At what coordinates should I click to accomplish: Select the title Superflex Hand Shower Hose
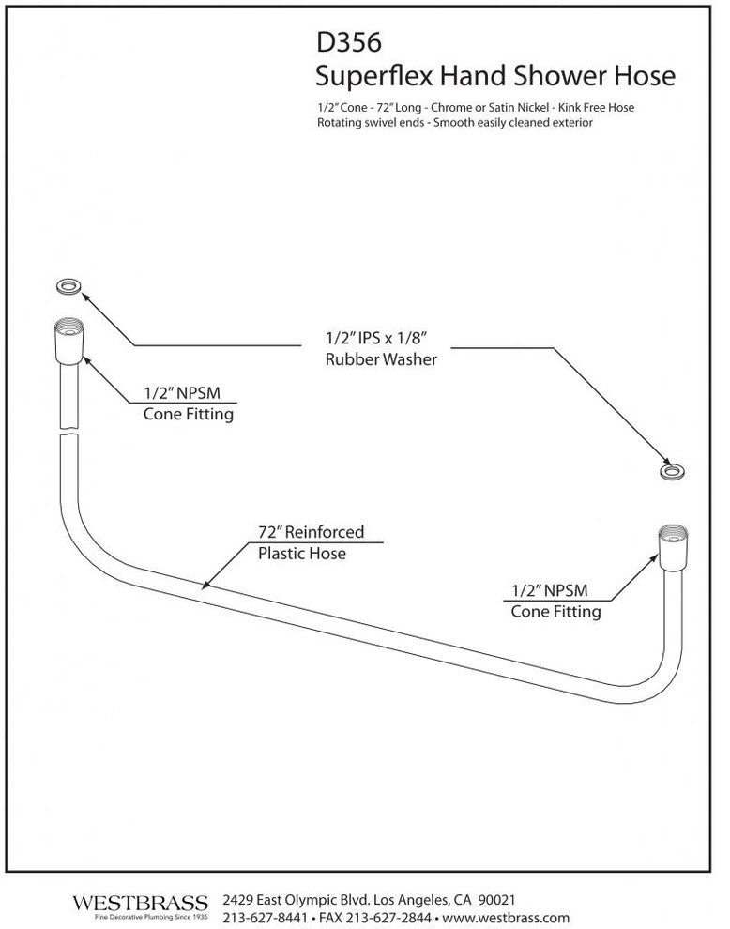(496, 75)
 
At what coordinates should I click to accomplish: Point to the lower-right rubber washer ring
(672, 472)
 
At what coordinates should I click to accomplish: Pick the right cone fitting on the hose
(674, 549)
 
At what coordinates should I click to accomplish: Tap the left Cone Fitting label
(188, 413)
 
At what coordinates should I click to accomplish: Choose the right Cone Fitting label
(555, 612)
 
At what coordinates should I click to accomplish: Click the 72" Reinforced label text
(311, 532)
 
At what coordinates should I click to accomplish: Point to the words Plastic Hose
(302, 554)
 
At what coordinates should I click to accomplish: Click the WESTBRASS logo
(140, 903)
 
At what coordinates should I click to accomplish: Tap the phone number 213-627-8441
(264, 917)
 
